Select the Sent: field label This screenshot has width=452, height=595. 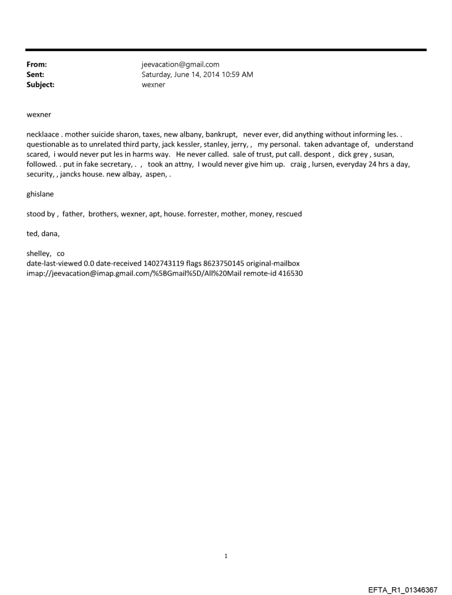35,74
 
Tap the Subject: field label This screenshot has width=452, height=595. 40,85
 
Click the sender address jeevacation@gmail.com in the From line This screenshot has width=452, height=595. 181,64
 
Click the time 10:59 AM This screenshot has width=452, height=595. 239,74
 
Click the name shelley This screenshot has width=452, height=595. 38,253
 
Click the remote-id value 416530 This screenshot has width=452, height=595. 290,273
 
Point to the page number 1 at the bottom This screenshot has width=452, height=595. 226,556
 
